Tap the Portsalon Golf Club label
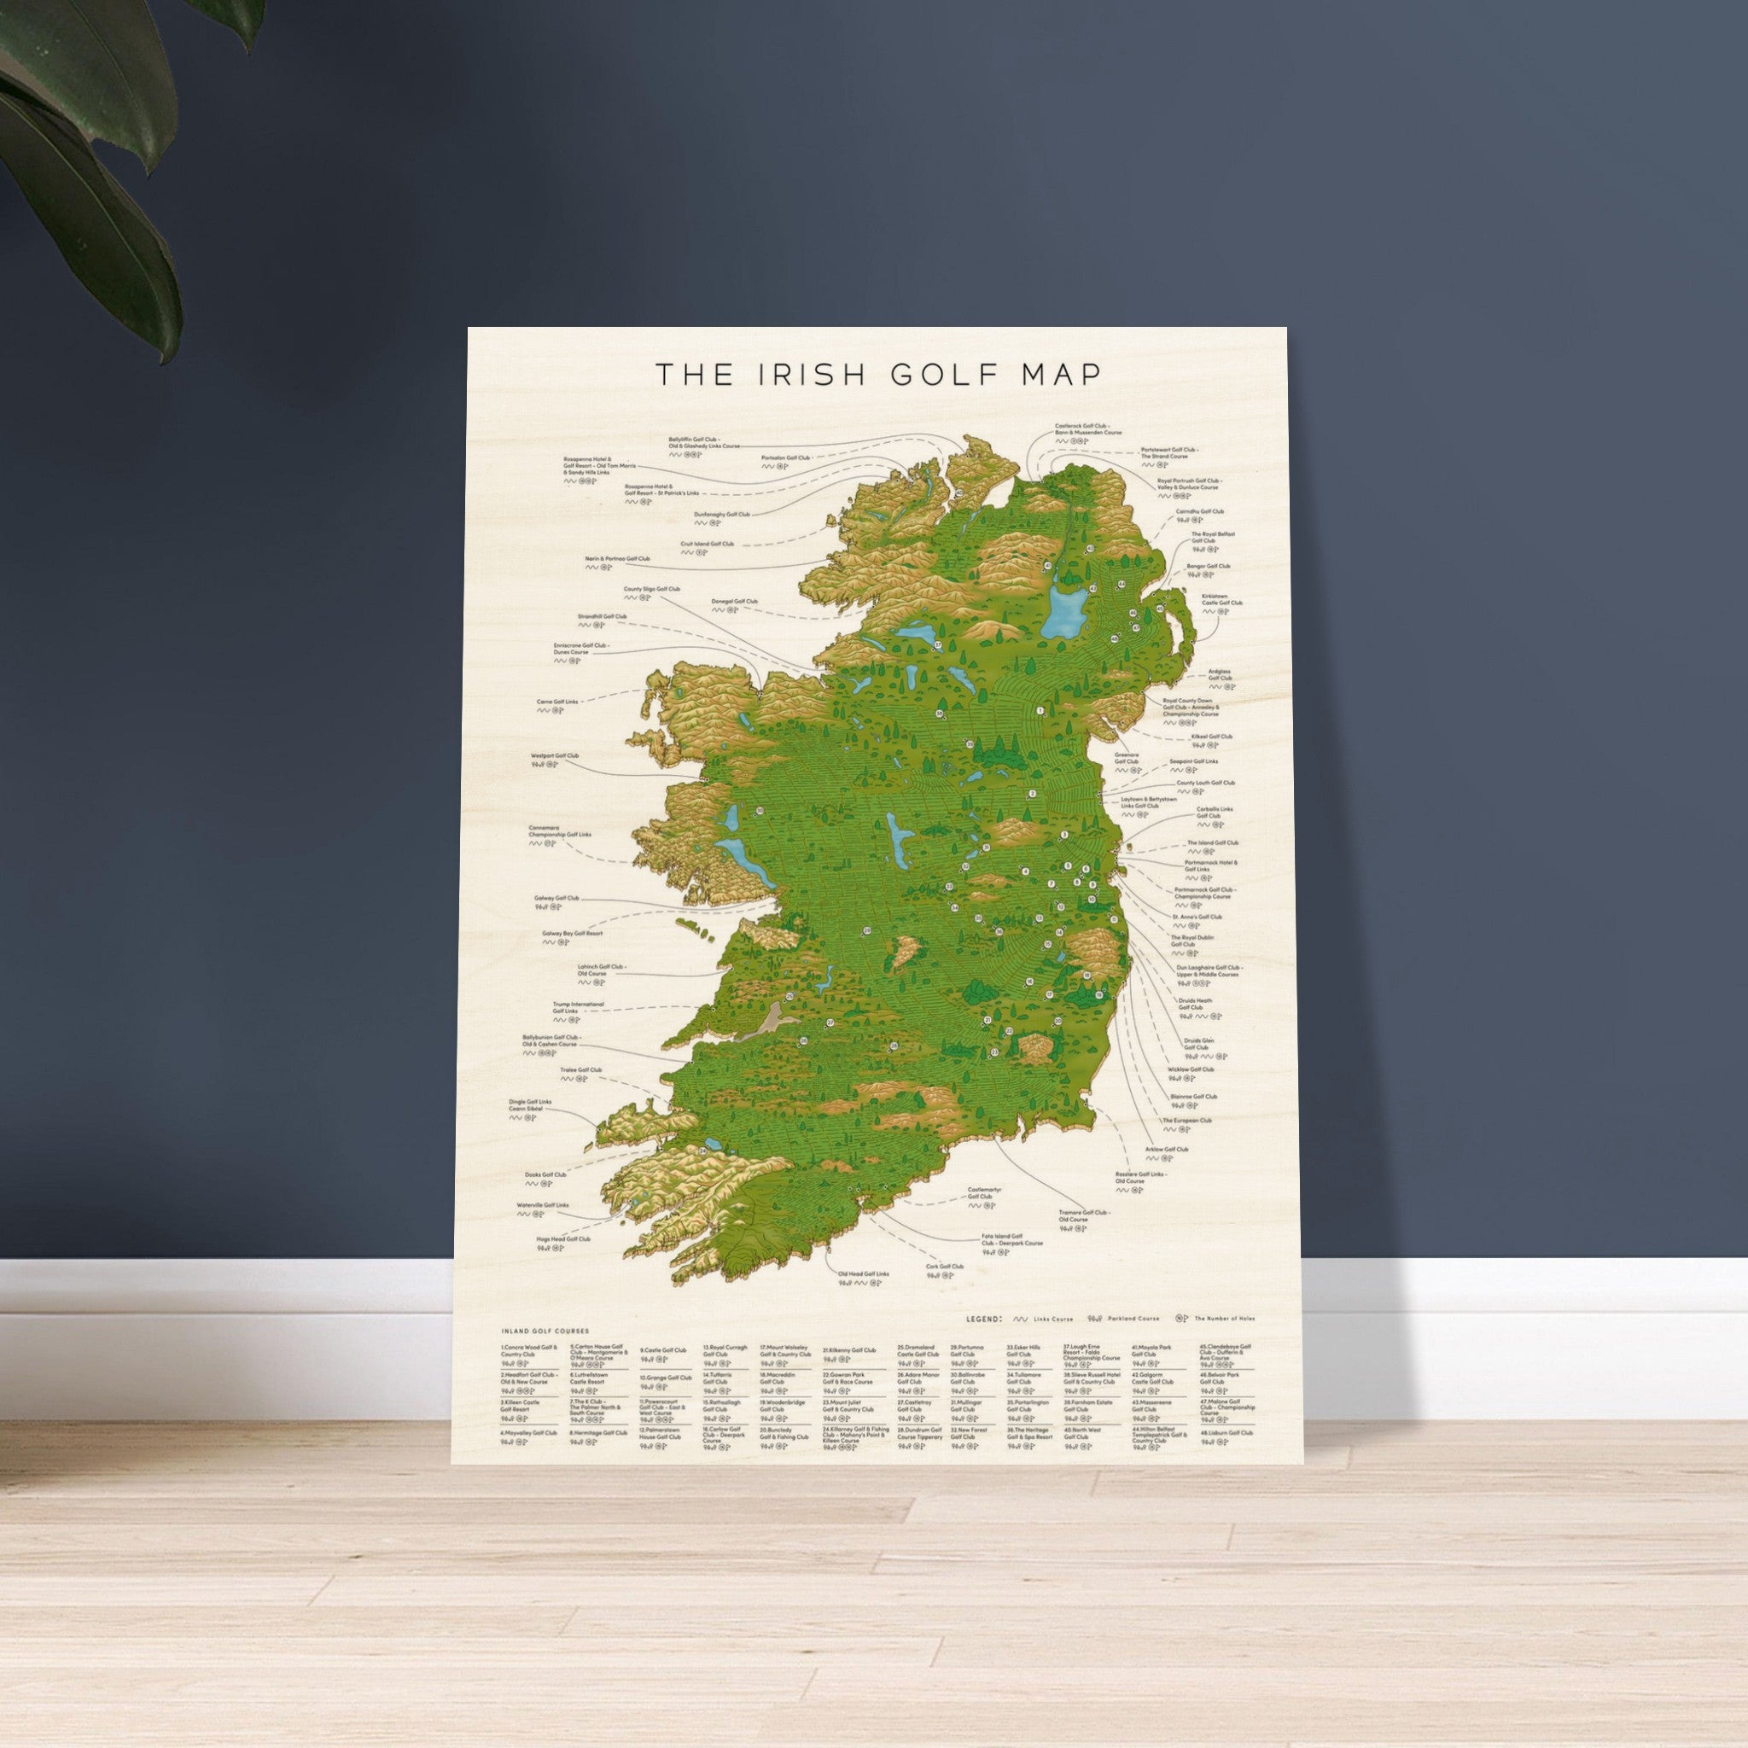[785, 457]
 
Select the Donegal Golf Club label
[735, 601]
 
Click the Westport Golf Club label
[555, 755]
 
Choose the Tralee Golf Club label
[580, 1069]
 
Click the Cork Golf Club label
[945, 1267]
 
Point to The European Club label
[1187, 1120]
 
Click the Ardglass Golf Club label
[1220, 675]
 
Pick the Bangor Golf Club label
[1208, 567]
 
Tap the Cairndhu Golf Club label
[1199, 511]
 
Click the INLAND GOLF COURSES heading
[545, 1331]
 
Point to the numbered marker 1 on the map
[1040, 711]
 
